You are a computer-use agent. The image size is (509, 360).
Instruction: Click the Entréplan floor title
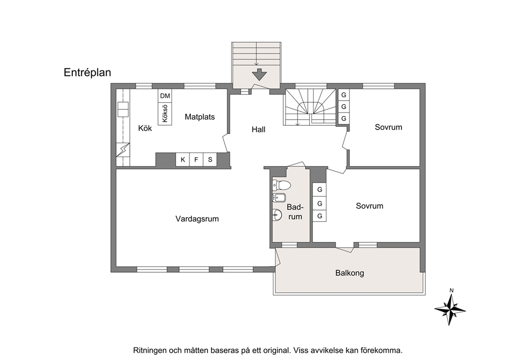click(87, 72)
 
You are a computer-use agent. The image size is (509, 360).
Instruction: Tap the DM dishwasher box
click(165, 96)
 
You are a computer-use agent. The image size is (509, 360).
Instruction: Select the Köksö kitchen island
click(165, 113)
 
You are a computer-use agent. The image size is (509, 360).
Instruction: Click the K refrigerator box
click(183, 160)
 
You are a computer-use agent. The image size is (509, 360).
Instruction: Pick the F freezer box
click(196, 160)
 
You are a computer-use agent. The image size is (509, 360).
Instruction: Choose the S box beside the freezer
click(210, 160)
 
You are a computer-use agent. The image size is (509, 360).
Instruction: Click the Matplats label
click(200, 117)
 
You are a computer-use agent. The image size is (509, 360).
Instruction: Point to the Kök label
click(145, 128)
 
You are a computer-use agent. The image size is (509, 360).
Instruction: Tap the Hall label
click(259, 129)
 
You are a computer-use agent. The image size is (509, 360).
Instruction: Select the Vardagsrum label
click(197, 219)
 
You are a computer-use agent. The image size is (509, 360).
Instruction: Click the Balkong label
click(349, 273)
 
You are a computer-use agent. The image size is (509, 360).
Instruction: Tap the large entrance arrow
click(259, 74)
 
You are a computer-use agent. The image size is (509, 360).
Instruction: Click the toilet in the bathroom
click(281, 185)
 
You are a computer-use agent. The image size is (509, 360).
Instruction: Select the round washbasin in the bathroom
click(277, 215)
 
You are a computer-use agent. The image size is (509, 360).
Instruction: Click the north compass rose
click(450, 308)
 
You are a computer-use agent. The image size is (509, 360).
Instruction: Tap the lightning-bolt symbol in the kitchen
click(123, 150)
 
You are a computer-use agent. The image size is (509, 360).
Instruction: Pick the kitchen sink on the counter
click(123, 109)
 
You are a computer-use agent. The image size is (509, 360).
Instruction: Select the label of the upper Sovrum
click(388, 127)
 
